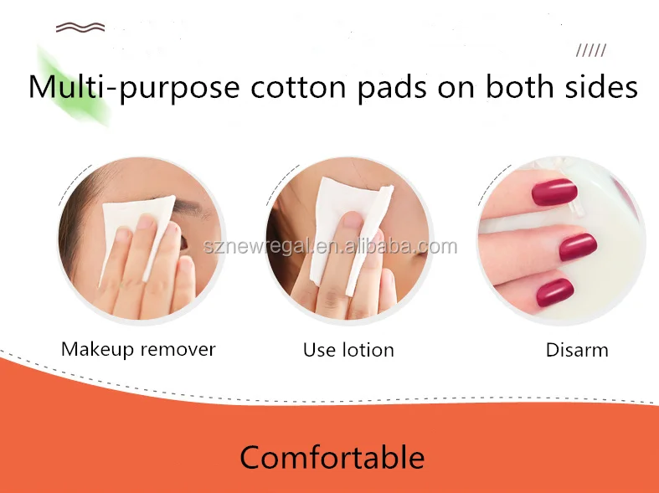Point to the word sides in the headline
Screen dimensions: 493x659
click(x=597, y=88)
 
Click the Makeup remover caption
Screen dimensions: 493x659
click(x=138, y=349)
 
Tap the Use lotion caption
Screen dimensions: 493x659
click(x=348, y=350)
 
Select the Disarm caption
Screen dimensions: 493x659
click(x=577, y=350)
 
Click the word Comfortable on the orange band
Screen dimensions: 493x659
click(x=332, y=458)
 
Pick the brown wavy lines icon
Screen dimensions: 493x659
click(x=80, y=28)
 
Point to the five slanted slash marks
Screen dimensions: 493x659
click(x=591, y=51)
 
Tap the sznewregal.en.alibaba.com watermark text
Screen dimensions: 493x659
click(x=330, y=246)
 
